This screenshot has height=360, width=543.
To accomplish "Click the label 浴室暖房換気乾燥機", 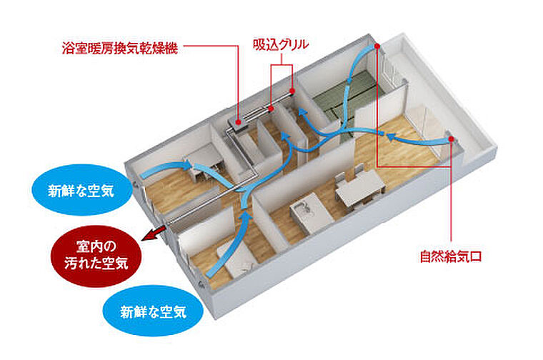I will (x=119, y=49).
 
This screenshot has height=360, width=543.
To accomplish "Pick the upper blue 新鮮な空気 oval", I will (x=80, y=191).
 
